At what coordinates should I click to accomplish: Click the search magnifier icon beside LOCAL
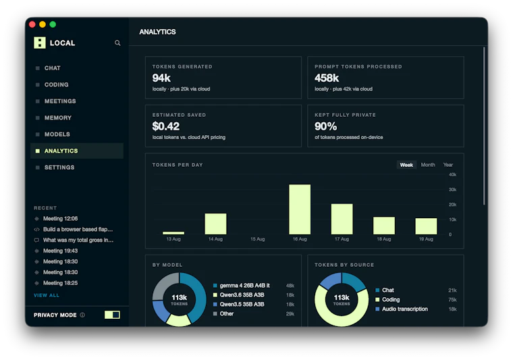pyautogui.click(x=117, y=43)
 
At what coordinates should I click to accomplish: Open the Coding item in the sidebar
pyautogui.click(x=56, y=84)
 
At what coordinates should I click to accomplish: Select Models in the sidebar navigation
pyautogui.click(x=57, y=134)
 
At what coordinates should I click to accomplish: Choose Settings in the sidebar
pyautogui.click(x=59, y=168)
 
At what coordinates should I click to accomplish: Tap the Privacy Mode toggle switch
pyautogui.click(x=112, y=315)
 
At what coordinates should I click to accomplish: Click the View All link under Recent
pyautogui.click(x=47, y=295)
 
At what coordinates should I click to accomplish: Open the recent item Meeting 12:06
pyautogui.click(x=60, y=219)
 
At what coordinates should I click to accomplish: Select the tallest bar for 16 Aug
pyautogui.click(x=300, y=209)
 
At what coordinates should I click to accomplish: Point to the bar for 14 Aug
pyautogui.click(x=215, y=224)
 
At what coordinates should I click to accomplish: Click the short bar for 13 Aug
pyautogui.click(x=173, y=233)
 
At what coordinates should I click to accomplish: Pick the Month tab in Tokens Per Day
pyautogui.click(x=428, y=165)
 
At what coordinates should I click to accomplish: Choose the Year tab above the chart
pyautogui.click(x=448, y=165)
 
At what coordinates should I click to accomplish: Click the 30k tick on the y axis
pyautogui.click(x=452, y=190)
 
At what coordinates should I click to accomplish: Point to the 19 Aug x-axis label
pyautogui.click(x=426, y=239)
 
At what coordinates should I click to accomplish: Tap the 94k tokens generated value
pyautogui.click(x=161, y=78)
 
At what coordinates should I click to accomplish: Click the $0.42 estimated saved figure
pyautogui.click(x=166, y=126)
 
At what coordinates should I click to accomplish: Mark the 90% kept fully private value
pyautogui.click(x=325, y=126)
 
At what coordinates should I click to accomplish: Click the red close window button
pyautogui.click(x=32, y=24)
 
